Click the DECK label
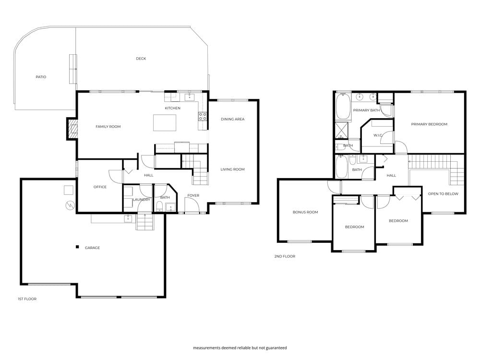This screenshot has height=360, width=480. click(141, 59)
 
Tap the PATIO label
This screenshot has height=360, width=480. click(41, 77)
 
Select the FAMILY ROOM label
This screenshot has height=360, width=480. click(108, 127)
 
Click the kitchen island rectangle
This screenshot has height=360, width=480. click(165, 123)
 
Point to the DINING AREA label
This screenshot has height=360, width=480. click(233, 119)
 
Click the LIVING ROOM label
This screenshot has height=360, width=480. click(233, 169)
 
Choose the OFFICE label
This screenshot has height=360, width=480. click(100, 187)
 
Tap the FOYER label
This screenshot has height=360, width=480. click(193, 195)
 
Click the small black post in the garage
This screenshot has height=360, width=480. click(77, 247)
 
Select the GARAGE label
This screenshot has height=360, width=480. click(92, 248)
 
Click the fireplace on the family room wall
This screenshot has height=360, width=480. click(72, 129)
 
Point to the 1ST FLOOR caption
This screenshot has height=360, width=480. click(27, 299)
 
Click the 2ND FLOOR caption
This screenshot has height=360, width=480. click(285, 256)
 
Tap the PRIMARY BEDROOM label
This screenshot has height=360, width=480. click(429, 124)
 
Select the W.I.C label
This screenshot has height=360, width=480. click(377, 135)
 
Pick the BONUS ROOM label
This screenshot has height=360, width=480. click(305, 212)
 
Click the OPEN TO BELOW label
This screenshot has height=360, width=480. click(443, 194)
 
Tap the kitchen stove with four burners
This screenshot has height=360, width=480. click(203, 116)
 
